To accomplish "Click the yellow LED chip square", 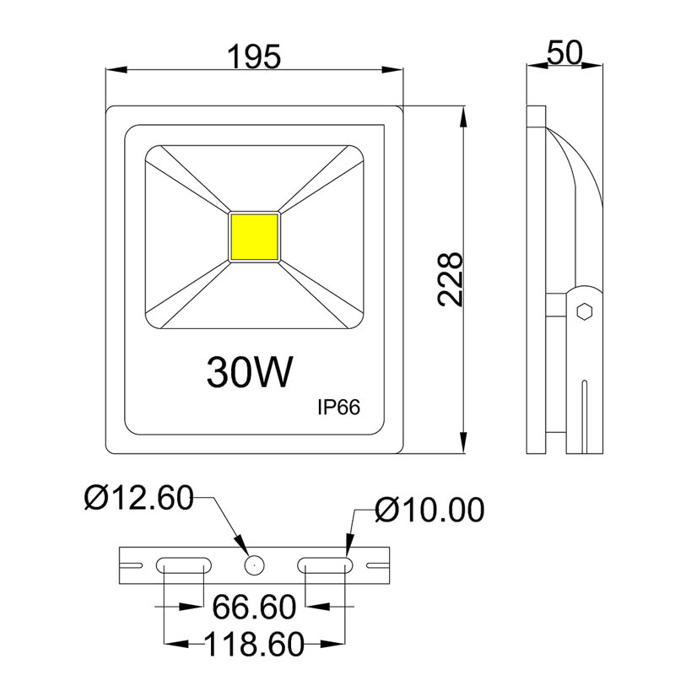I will point(254,237).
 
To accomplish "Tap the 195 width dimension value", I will point(253,57).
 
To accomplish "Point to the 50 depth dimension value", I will point(564,52).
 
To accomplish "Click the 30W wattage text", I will point(249,371).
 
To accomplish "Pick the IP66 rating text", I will point(338,407).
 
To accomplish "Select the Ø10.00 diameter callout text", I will point(430,510).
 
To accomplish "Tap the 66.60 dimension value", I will point(253,607).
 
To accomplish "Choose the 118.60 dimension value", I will point(253,645).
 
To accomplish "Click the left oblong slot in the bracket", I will point(183,566).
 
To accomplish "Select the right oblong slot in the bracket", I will point(325,566).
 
